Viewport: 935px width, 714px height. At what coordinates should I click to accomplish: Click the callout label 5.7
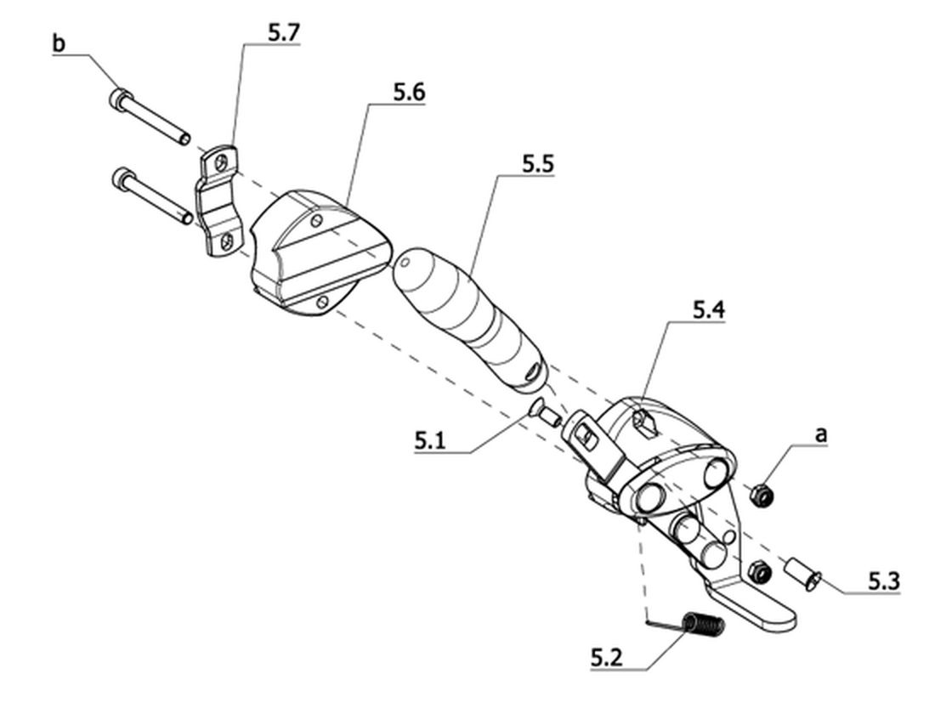coord(283,33)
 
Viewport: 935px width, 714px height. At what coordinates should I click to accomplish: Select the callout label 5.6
coord(409,93)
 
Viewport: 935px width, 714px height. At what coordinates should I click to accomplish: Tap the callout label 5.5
coord(538,164)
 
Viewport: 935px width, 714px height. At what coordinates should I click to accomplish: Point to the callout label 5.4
coord(709,310)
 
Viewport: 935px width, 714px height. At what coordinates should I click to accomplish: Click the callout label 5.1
coord(431,441)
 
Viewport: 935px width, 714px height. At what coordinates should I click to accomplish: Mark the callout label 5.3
coord(884,581)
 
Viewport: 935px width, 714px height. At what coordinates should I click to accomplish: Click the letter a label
coord(821,435)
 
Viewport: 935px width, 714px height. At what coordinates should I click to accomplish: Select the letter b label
coord(59,43)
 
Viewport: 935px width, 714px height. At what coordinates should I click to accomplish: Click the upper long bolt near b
coord(150,116)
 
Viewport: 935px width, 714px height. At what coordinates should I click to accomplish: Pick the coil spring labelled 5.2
coord(704,625)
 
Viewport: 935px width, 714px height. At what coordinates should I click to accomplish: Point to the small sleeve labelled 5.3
coord(802,573)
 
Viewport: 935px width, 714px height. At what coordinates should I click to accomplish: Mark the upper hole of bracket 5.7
coord(222,162)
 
